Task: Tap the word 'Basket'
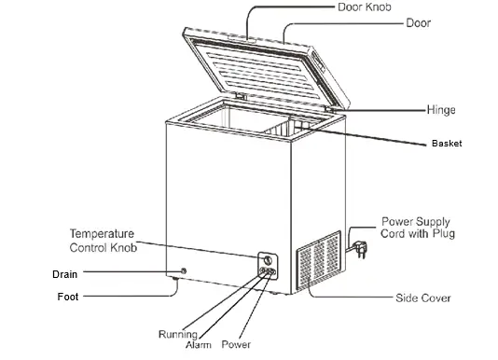[x=447, y=144]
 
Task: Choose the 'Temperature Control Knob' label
[x=104, y=241]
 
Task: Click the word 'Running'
[x=177, y=334]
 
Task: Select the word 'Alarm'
[x=201, y=344]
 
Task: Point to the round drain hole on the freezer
[x=183, y=271]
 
